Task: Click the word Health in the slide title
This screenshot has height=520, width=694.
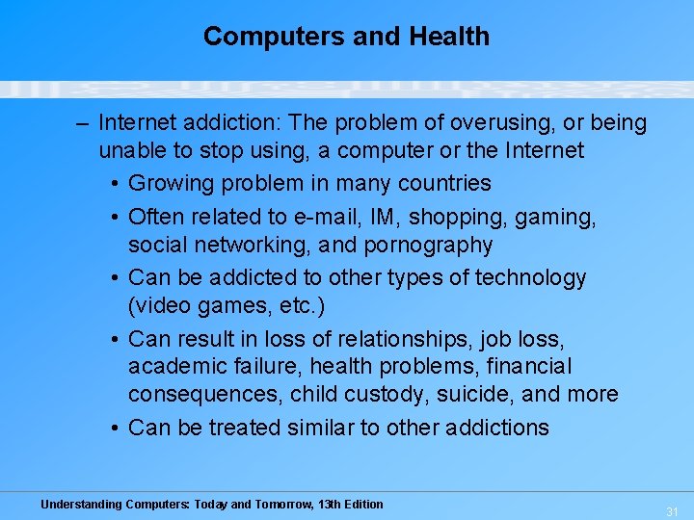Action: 449,37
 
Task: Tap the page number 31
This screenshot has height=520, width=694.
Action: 672,510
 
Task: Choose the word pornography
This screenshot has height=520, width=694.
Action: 428,245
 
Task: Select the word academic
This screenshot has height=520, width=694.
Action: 174,367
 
